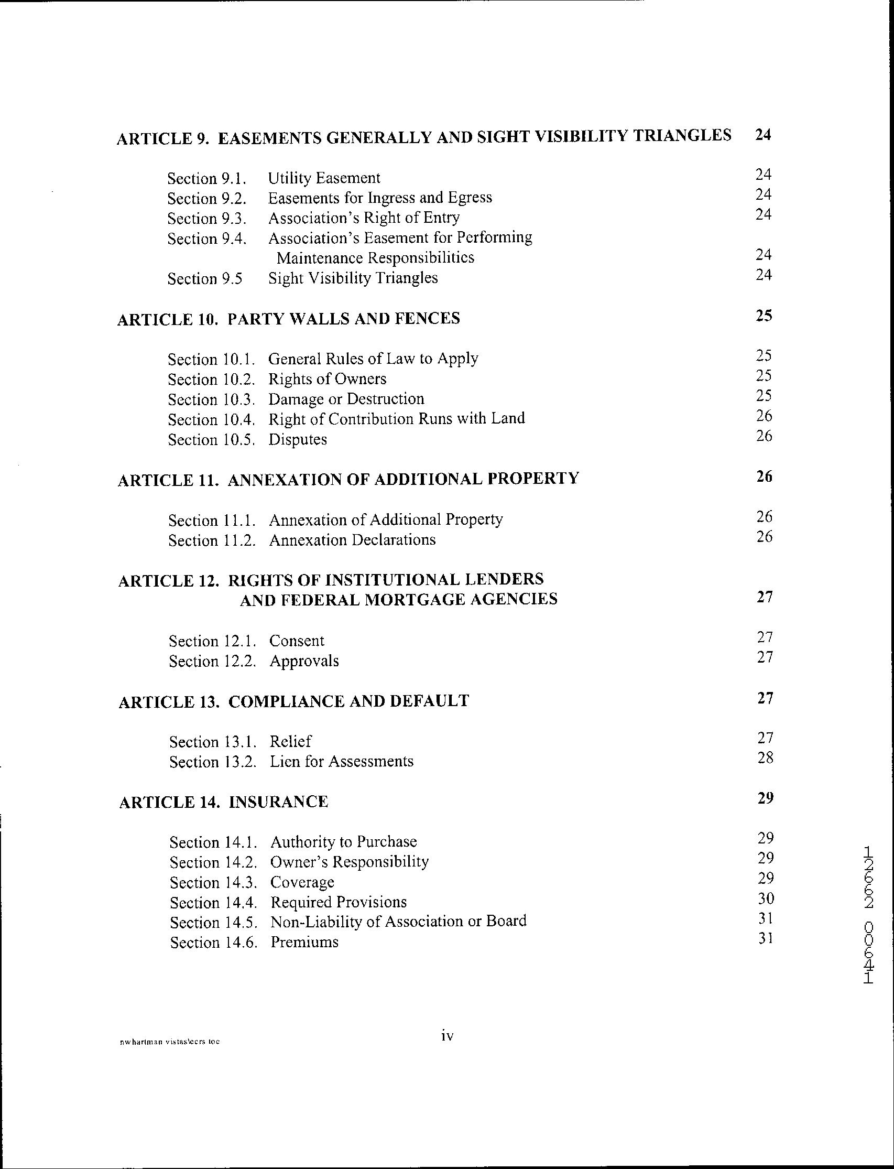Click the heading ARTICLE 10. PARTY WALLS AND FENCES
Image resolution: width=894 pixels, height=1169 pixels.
coord(288,318)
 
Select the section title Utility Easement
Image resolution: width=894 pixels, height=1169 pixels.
coord(323,178)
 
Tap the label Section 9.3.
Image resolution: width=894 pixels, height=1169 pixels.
coord(207,218)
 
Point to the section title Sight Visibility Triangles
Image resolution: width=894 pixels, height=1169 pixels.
coord(353,278)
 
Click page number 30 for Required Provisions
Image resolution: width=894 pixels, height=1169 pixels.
coord(765,899)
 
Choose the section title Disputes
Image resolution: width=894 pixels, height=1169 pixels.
coord(298,440)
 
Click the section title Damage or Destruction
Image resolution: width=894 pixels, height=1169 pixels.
coord(346,399)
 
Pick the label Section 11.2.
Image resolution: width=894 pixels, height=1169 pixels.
coord(212,540)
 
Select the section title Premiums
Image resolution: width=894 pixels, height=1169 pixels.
coord(304,942)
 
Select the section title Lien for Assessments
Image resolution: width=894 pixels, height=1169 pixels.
coord(341,761)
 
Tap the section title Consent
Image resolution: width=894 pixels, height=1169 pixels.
coord(297,641)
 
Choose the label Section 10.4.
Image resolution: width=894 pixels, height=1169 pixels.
coord(212,419)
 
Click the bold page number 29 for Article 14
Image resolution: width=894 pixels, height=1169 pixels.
coord(765,797)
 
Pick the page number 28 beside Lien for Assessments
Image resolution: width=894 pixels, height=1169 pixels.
coord(765,757)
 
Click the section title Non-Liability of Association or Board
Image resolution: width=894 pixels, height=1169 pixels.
coord(398,922)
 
